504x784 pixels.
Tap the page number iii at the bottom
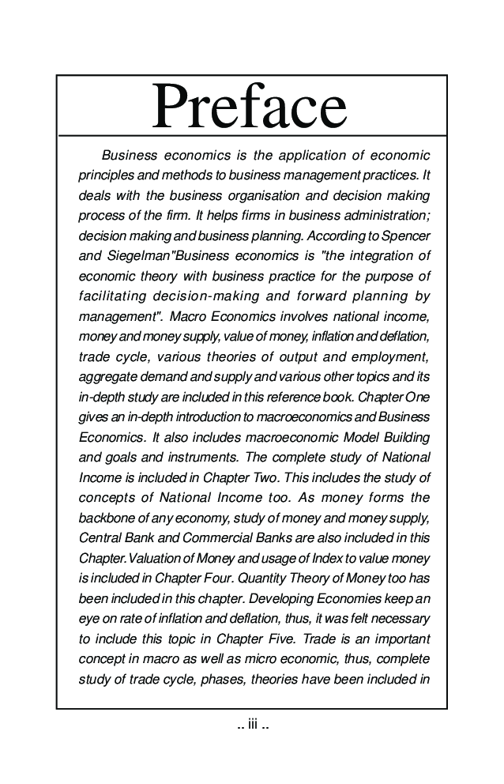point(253,723)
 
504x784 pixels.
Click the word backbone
point(106,518)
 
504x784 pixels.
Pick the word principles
point(107,174)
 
